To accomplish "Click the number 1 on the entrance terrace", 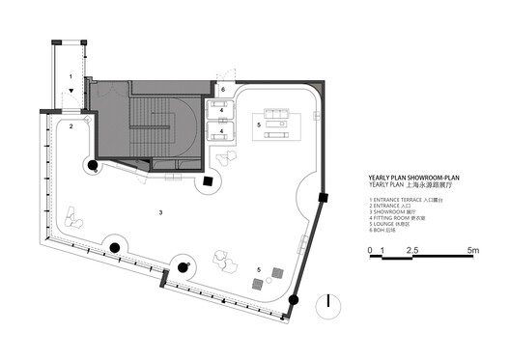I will (x=71, y=74).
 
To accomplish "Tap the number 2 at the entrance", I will (x=71, y=126).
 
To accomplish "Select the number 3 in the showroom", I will (x=160, y=210).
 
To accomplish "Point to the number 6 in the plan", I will (x=221, y=90).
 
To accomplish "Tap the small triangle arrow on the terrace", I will (x=71, y=93).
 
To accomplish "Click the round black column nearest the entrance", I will (x=94, y=166).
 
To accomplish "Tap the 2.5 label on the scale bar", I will (x=412, y=251).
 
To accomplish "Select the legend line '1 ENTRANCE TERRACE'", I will (x=410, y=201).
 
